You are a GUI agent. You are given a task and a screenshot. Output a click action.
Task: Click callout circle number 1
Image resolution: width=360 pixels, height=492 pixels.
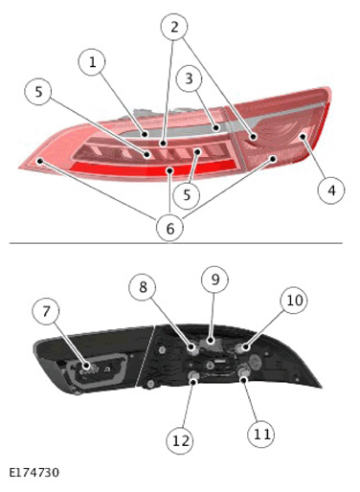click(x=92, y=62)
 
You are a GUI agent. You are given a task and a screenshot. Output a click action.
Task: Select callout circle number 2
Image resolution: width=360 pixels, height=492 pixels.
click(x=174, y=27)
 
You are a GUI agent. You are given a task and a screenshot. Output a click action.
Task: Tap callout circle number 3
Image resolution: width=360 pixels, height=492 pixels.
click(x=189, y=78)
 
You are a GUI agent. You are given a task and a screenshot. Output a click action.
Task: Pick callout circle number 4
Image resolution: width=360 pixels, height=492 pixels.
click(x=331, y=190)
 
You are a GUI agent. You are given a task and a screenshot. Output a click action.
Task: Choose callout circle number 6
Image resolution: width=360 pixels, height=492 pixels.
click(x=170, y=228)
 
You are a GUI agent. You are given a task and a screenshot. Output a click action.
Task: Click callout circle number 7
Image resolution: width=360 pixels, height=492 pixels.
click(x=46, y=311)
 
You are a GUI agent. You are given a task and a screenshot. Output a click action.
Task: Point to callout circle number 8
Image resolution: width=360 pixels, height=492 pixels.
click(x=143, y=287)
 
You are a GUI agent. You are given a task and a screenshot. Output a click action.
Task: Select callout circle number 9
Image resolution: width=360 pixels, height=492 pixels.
click(x=215, y=280)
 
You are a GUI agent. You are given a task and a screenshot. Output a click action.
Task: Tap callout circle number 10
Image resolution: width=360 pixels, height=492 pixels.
click(x=294, y=301)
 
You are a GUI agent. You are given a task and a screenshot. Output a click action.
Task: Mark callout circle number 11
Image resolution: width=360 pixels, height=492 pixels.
click(x=261, y=434)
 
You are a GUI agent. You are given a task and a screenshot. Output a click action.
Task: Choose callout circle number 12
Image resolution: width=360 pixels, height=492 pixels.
click(x=180, y=441)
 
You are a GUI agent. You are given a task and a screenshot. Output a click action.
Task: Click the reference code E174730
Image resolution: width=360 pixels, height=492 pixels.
click(x=34, y=473)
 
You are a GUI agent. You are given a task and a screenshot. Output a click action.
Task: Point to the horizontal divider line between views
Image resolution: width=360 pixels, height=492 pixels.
click(x=176, y=243)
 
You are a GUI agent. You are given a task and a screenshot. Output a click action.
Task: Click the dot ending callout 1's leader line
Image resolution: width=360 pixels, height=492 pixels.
click(x=146, y=134)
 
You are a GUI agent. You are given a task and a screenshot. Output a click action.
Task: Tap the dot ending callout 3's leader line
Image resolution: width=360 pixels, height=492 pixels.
click(x=216, y=128)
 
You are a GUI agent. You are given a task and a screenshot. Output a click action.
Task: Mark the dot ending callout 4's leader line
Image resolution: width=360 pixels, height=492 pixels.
click(x=303, y=137)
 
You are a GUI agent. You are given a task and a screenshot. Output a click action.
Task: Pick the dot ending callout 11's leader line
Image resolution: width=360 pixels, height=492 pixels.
click(x=244, y=379)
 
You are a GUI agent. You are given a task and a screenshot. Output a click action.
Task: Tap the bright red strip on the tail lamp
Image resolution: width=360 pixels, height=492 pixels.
click(x=153, y=168)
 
